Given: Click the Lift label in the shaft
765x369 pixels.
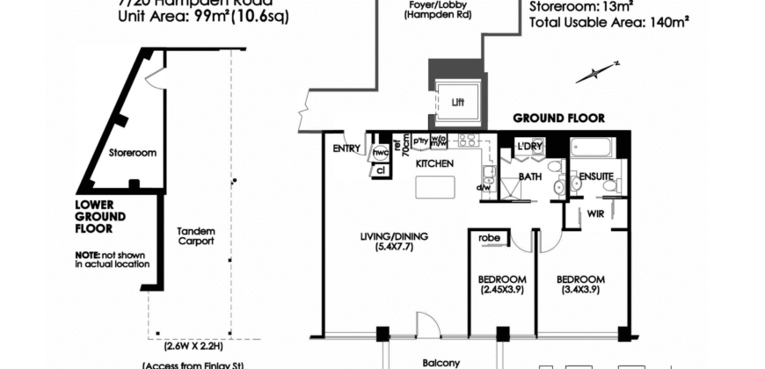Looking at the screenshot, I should coord(457,102).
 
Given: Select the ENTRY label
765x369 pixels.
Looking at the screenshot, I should coord(346,148).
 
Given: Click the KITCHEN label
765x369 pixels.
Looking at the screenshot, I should coord(434,164).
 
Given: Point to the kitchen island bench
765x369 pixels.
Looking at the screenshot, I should coord(435,188).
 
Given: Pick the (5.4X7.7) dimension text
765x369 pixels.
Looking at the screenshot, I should coord(392,247).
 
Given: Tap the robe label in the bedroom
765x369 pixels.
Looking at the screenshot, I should coord(491,237).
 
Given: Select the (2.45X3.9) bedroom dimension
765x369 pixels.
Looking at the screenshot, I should coord(503,289).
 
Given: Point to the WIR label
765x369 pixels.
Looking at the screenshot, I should coord(595,213).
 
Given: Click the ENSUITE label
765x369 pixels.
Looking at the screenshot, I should coord(595,177).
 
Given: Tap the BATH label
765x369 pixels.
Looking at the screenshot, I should coord(529,177).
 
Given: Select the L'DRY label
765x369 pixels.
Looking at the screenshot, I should coord(529,146).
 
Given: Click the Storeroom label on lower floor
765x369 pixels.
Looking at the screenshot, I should coord(132,152).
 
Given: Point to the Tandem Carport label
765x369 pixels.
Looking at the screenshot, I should coord(196,235).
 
